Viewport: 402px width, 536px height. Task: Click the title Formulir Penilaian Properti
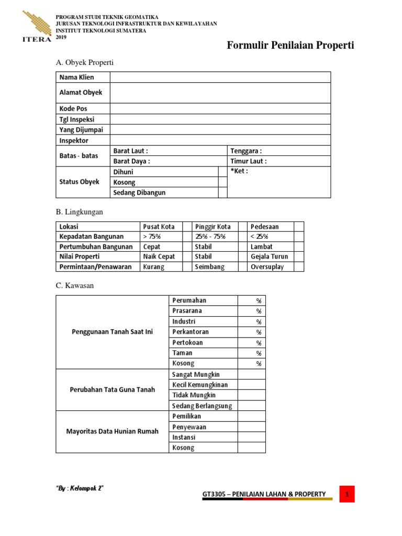[290, 46]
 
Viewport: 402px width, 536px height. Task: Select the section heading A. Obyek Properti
[84, 63]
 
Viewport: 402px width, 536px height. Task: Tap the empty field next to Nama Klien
[220, 77]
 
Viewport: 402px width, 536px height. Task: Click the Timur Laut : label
[248, 161]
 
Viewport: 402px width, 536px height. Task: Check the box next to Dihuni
[222, 172]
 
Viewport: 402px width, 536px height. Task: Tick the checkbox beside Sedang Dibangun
[222, 193]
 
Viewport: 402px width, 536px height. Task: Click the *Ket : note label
[239, 171]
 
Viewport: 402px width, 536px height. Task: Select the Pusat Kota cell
[159, 227]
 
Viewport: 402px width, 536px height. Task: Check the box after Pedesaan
[298, 227]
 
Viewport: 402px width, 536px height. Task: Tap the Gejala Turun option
[269, 256]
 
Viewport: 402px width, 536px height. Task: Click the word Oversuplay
[267, 267]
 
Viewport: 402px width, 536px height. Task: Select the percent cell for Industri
[252, 321]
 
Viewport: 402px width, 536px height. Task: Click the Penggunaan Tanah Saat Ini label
[112, 332]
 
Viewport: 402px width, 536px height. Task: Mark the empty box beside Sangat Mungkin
[252, 374]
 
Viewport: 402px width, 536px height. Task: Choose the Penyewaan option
[189, 427]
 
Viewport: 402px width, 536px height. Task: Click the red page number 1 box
[347, 494]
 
